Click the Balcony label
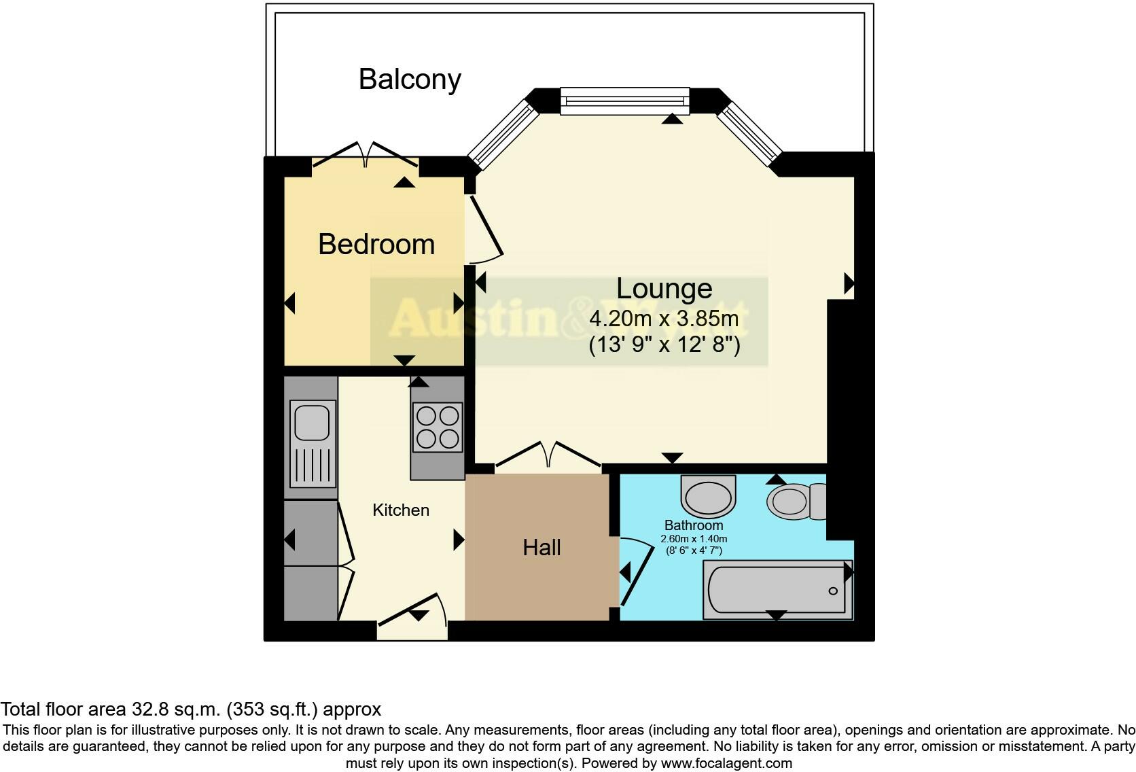tap(410, 80)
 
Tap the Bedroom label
tap(376, 244)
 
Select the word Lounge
tap(664, 289)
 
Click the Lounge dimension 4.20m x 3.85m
tap(664, 318)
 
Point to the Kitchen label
tap(401, 510)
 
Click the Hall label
tap(542, 547)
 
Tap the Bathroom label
tap(694, 525)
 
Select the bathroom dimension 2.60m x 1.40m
tap(694, 539)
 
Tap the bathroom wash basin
tap(709, 495)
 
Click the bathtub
tap(777, 589)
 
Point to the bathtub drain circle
tap(833, 591)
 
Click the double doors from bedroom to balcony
tap(366, 155)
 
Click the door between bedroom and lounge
tap(484, 228)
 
